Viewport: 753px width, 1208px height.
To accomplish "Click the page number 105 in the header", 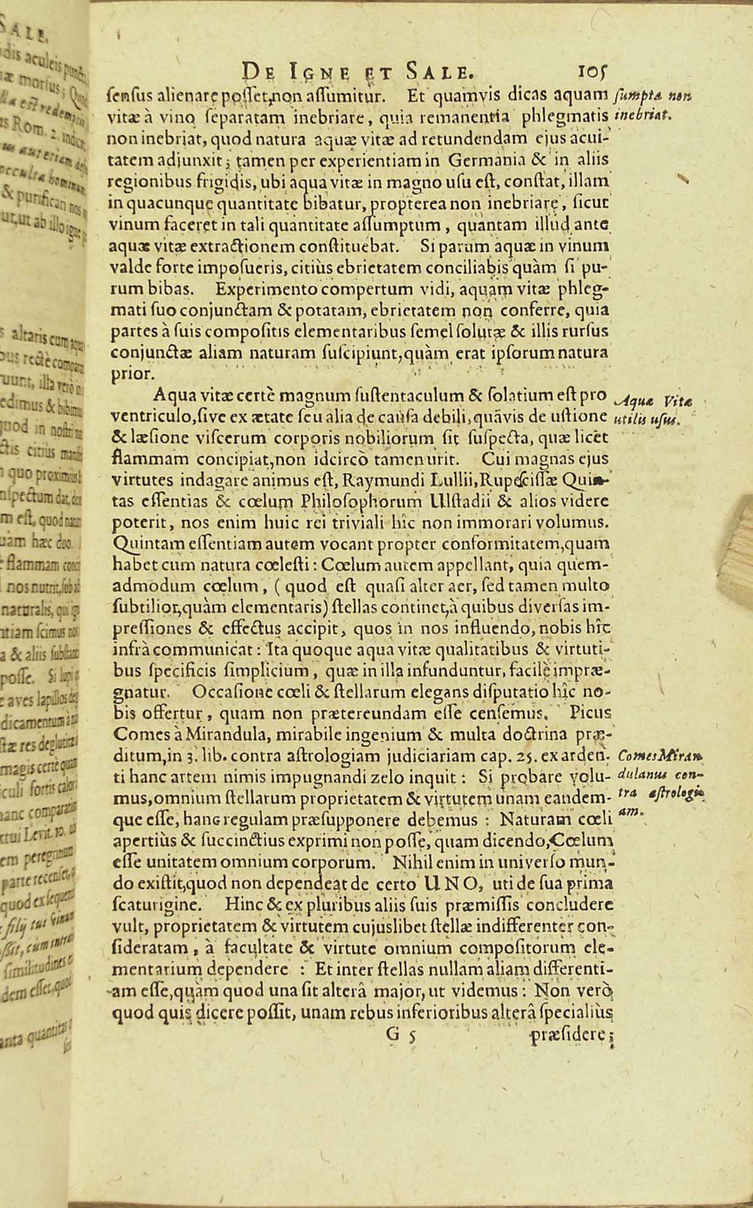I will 587,70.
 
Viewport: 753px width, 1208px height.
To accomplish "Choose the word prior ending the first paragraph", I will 130,374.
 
